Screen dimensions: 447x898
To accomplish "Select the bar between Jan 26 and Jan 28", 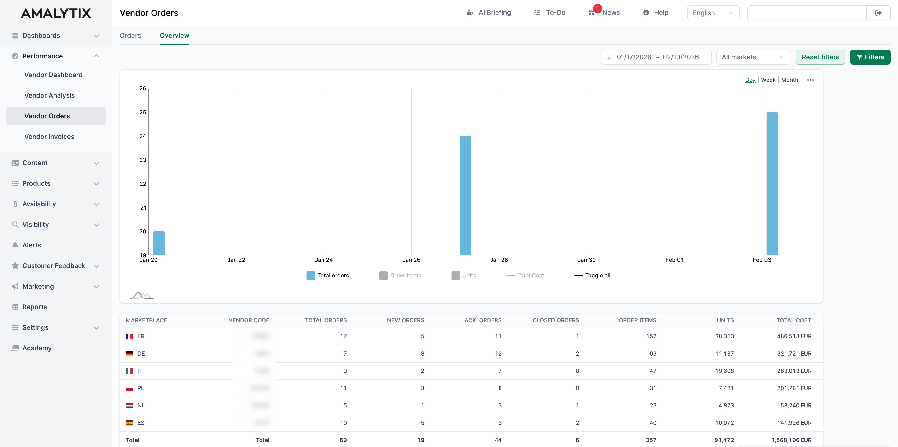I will point(465,195).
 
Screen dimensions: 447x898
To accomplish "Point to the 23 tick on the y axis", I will point(143,160).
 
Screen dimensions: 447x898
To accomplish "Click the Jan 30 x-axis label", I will point(586,260).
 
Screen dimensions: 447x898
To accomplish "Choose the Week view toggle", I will point(768,80).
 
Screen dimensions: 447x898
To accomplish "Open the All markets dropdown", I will point(753,57).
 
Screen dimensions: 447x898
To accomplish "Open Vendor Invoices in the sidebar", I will point(49,137).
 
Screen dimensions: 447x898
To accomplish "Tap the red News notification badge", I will point(597,8).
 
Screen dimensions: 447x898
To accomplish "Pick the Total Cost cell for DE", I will point(794,354).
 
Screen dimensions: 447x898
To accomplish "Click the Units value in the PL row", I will point(726,388).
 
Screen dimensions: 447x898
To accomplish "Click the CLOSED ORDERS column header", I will point(555,320).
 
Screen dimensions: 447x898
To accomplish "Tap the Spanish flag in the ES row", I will point(129,423).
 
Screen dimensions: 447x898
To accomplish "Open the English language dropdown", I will point(713,13).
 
